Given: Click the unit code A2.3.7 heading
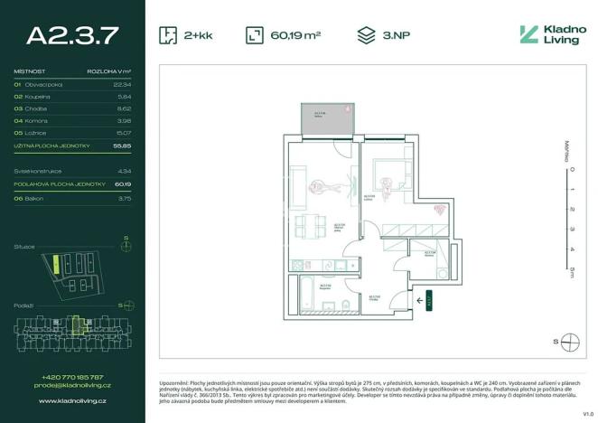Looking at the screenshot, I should (x=72, y=35).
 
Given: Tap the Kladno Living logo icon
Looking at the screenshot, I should (x=528, y=35).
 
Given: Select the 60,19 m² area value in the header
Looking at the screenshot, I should (x=295, y=36).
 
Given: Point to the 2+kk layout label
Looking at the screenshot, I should (x=199, y=36).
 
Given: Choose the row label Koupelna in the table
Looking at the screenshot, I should (x=37, y=96).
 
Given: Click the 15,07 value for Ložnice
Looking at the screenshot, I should (x=123, y=133).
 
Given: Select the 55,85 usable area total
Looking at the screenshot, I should (x=123, y=146).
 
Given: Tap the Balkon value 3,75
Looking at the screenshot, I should (x=124, y=197).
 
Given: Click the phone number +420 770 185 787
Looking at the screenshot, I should (x=72, y=377).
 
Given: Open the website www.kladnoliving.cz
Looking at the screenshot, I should (x=72, y=399).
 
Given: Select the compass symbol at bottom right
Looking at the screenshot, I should (x=569, y=342).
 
